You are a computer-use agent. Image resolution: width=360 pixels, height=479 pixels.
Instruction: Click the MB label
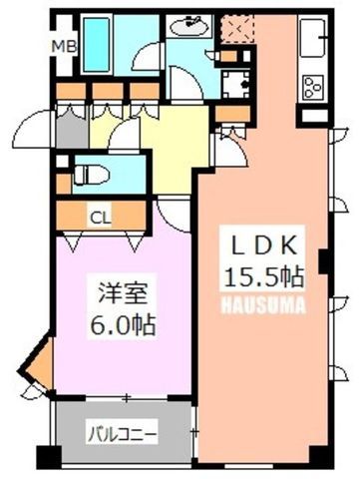click(x=65, y=47)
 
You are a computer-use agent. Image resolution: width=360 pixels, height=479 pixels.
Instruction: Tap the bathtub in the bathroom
click(x=97, y=45)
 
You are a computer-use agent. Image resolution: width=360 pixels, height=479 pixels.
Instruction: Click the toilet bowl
click(x=92, y=176)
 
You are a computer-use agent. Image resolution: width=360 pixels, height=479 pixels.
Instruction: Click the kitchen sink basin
click(x=313, y=38)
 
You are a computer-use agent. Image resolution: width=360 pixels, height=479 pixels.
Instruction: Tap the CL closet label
click(x=101, y=219)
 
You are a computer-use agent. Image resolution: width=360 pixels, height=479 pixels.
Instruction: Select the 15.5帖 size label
click(x=264, y=276)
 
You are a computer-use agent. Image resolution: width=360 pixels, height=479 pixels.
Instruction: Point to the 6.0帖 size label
click(x=123, y=324)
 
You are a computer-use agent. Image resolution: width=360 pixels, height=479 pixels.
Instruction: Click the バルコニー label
click(x=122, y=434)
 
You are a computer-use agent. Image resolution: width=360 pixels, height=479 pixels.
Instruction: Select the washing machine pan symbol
click(x=236, y=84)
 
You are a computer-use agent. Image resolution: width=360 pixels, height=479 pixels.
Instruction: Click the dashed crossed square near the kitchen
click(x=238, y=29)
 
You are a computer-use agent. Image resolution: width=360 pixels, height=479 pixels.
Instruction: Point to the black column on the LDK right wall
click(x=322, y=261)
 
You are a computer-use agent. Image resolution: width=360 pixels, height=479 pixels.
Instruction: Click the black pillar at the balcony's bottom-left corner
click(x=49, y=457)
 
